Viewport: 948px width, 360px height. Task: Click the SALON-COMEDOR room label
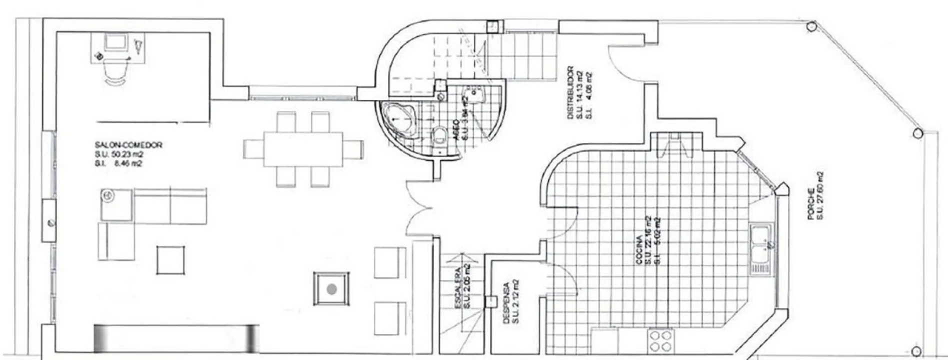click(128, 145)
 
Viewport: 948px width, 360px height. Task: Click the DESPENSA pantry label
click(506, 303)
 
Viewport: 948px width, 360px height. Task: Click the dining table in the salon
click(303, 148)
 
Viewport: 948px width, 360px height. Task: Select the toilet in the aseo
click(439, 135)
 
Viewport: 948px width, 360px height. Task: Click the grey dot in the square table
click(331, 288)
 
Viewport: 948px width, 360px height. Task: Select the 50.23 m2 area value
click(129, 154)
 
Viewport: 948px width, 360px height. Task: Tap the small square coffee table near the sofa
click(170, 259)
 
